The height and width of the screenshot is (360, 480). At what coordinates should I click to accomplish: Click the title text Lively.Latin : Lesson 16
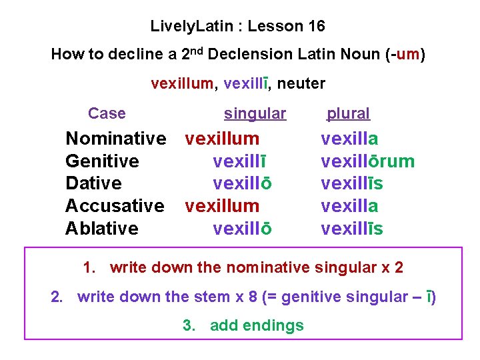(238, 27)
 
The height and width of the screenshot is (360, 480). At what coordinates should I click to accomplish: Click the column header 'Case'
(107, 113)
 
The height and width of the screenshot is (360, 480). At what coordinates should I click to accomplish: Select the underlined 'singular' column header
(255, 114)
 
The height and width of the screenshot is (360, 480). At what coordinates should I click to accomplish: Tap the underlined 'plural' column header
(348, 114)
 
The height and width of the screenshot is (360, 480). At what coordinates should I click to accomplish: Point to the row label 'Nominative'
(115, 139)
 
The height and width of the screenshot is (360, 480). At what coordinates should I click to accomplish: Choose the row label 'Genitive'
(102, 161)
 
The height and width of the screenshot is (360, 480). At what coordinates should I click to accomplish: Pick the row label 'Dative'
(93, 183)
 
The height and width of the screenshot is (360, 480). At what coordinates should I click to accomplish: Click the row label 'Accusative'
(115, 206)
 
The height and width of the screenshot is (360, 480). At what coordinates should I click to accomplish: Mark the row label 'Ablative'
(101, 229)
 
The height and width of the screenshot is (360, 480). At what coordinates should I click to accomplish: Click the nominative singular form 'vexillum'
(222, 139)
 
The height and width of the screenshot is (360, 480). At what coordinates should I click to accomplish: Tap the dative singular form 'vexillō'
(242, 183)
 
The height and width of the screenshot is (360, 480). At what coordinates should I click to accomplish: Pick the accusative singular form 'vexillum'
(222, 206)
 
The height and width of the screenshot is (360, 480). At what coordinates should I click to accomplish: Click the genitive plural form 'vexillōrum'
(367, 161)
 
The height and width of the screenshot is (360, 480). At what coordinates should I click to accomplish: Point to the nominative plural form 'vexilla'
(349, 139)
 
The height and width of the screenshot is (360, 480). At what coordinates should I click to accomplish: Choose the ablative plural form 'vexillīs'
(351, 229)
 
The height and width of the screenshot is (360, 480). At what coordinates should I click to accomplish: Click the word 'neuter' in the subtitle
(301, 83)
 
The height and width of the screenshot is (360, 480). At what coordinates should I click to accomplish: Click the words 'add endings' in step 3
(257, 325)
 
